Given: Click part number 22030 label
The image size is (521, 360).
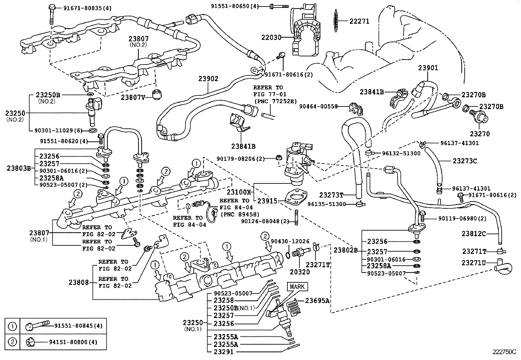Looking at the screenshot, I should coord(271,37).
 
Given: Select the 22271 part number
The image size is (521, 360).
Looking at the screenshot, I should coord(359,21).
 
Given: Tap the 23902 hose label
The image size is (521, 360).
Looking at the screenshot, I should coord(208,79).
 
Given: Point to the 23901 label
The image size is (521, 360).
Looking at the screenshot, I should coord(428,68).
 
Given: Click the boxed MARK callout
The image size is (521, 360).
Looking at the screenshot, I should coord(297,287).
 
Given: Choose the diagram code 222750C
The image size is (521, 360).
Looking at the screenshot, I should coord(504,352).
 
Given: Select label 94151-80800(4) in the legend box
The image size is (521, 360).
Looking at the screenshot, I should coord(73,342).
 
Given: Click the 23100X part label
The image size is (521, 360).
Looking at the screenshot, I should coord(241,192).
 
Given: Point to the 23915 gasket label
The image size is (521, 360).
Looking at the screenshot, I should coord(267,201).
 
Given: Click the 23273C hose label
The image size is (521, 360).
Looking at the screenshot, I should coord(465,161).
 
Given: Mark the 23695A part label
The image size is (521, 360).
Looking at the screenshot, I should coord(317,301).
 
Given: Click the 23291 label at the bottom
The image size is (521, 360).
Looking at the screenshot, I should coord(224,352).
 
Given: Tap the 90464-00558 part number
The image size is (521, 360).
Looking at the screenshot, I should coord(318,106).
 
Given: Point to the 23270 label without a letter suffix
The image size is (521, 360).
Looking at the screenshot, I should coord(480,134).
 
